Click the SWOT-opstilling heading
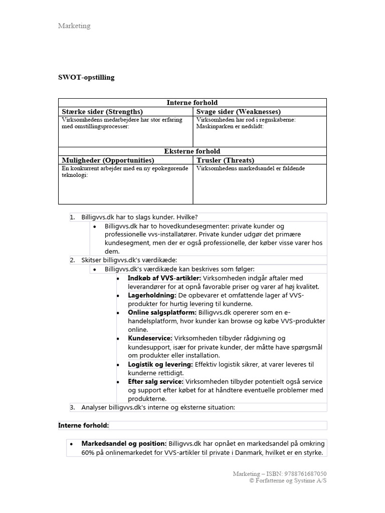[86, 77]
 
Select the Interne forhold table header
[192, 103]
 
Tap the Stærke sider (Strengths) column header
[102, 111]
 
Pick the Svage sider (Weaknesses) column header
[238, 111]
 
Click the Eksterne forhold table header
[192, 151]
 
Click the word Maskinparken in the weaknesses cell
[215, 127]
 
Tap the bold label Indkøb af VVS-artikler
[164, 278]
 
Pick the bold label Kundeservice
[150, 338]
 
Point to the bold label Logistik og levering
[160, 364]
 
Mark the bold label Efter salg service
[155, 382]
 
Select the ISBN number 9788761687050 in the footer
[305, 473]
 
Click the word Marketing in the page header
[74, 26]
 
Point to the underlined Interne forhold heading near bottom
[83, 425]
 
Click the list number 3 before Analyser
[72, 407]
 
